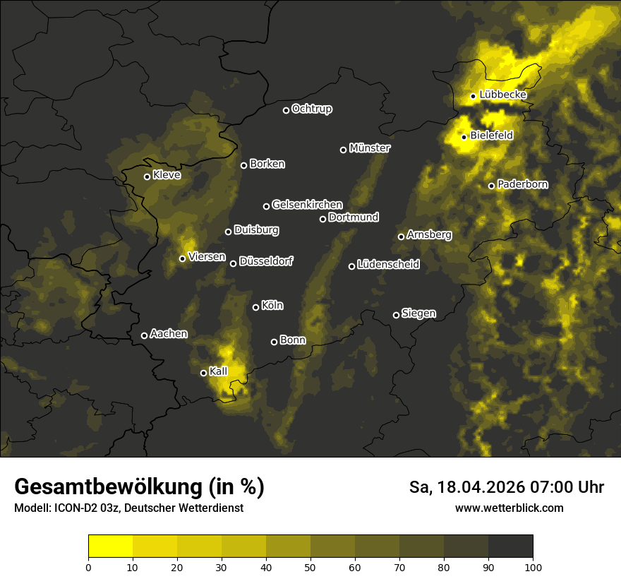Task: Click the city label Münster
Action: coord(370,148)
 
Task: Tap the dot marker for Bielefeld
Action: coord(464,137)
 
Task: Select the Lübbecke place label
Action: coord(502,95)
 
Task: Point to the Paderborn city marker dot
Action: coord(492,186)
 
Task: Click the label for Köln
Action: coord(272,306)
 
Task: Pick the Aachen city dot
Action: coord(145,335)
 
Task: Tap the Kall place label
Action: coord(218,371)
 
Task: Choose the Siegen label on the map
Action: coord(418,313)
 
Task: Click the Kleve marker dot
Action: coord(147,177)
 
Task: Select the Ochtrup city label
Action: coord(312,109)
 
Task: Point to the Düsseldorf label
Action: coord(266,261)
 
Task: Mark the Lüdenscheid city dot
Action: coord(352,266)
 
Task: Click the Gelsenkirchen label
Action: coord(307,205)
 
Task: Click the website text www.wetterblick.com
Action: coord(509,508)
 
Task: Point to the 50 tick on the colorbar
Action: coord(310,566)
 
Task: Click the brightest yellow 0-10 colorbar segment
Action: coord(111,546)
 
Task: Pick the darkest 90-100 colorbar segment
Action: coord(510,546)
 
